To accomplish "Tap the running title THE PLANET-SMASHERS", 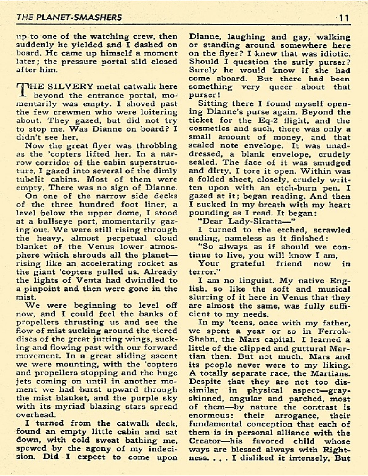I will pyautogui.click(x=69, y=17).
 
